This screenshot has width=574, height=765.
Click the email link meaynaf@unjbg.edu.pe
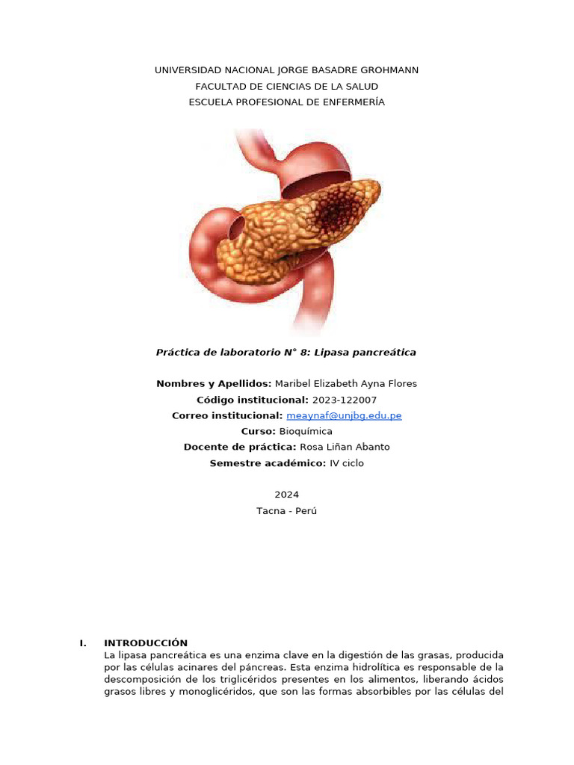[x=344, y=415]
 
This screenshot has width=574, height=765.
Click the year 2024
[x=286, y=495]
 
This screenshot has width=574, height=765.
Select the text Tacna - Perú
[x=286, y=511]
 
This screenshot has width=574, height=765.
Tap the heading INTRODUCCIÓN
[x=146, y=643]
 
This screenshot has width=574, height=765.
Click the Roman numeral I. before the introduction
[x=83, y=643]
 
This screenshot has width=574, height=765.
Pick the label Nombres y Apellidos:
[x=214, y=384]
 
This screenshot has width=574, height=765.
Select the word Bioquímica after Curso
[x=306, y=432]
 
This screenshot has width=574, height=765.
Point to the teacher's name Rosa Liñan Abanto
[x=345, y=447]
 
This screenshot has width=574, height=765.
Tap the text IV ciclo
[x=347, y=463]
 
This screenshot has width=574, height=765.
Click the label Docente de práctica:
[x=240, y=447]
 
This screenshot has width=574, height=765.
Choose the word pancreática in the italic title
[x=386, y=352]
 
